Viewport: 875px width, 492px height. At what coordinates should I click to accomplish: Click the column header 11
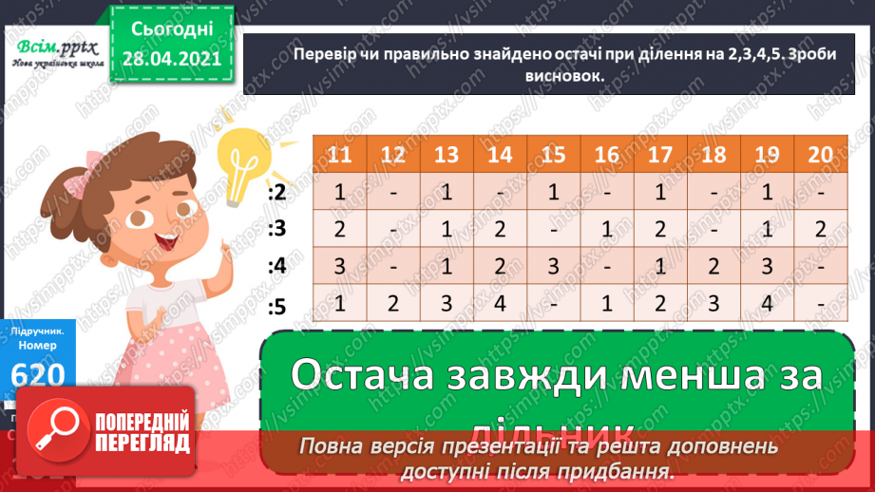coord(339,155)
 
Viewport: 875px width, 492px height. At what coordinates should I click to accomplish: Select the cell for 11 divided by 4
coord(339,268)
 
